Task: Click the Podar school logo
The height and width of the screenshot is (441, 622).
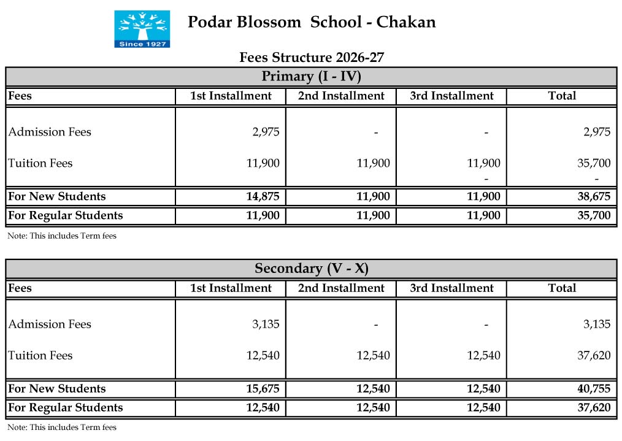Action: tap(142, 29)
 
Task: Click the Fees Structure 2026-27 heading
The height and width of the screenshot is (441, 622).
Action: tap(312, 58)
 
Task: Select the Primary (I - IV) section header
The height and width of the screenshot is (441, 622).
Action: tap(311, 77)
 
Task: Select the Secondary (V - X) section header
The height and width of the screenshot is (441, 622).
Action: tap(311, 269)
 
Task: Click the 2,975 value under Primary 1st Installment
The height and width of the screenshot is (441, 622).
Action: tap(266, 132)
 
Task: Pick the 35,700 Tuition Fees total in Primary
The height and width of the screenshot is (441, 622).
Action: tap(595, 163)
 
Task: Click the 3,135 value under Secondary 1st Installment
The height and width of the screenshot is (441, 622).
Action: tap(266, 324)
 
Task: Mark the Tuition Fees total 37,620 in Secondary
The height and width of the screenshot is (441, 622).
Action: tap(595, 356)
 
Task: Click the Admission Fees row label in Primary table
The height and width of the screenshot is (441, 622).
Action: tap(50, 132)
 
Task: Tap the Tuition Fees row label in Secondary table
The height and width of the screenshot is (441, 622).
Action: tap(40, 356)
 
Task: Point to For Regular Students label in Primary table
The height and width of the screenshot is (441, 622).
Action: tap(66, 215)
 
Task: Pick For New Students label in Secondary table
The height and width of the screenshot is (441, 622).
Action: tap(57, 389)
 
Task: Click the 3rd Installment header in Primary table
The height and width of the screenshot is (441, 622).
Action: tap(451, 96)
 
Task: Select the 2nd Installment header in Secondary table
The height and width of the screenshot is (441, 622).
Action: tap(341, 288)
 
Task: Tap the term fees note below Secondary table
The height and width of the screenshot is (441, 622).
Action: tap(62, 428)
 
